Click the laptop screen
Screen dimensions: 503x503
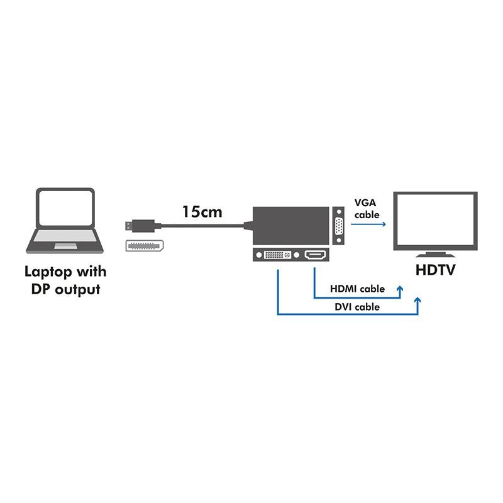[65, 209]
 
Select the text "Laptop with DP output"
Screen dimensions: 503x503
[65, 280]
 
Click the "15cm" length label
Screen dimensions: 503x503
[202, 212]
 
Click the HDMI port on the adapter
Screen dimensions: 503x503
[314, 256]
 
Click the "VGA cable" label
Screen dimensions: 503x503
[367, 209]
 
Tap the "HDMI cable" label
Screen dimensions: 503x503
[357, 289]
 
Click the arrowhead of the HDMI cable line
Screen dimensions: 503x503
[400, 287]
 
